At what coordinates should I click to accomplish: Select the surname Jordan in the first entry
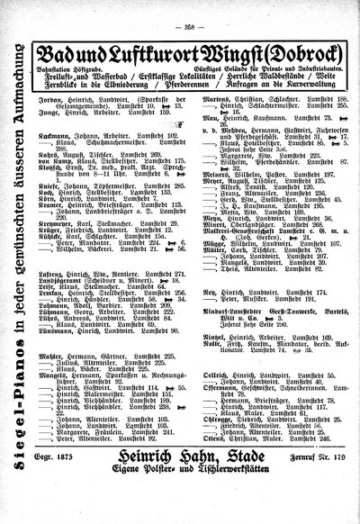[x=49, y=92]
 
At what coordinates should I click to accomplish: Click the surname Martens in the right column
[x=204, y=92]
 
